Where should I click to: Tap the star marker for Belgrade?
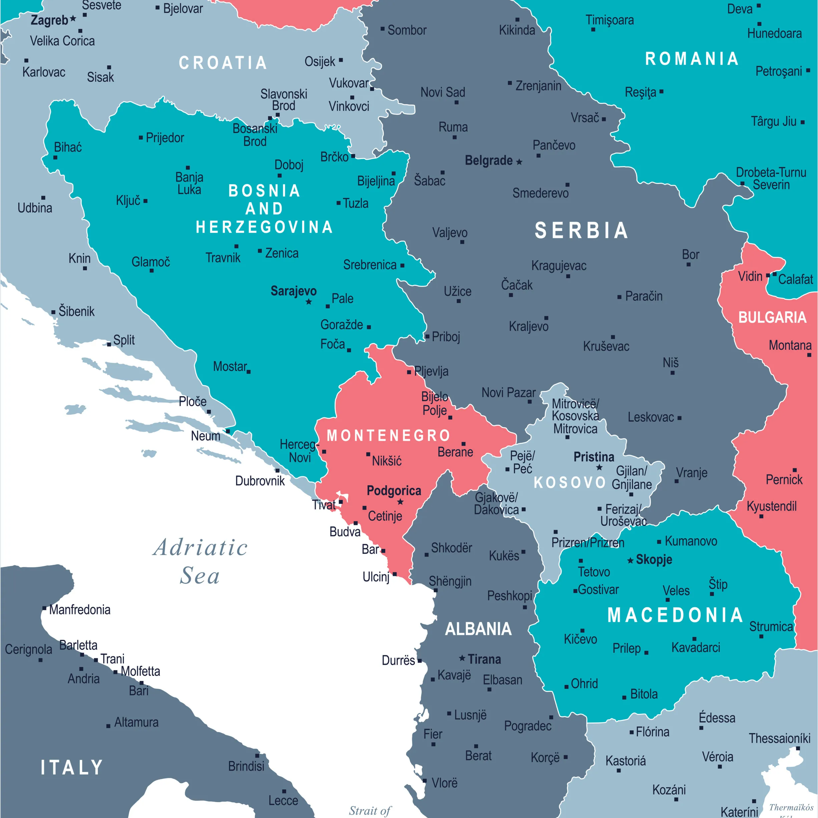coord(519,162)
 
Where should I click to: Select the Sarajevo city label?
coord(294,291)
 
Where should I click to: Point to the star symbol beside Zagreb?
coord(73,19)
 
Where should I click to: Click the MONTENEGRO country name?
coord(388,436)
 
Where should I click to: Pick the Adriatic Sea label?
coord(200,561)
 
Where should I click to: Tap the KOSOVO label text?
coord(569,483)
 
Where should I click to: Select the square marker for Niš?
coord(672,373)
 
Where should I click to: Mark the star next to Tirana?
coord(462,659)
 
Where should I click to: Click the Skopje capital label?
coord(654,560)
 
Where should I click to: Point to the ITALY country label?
coord(71,768)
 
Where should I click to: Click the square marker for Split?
coord(109,345)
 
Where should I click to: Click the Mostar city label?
coord(230,366)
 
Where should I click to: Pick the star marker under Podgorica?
coord(400,502)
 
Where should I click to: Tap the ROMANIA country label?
coord(692,59)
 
